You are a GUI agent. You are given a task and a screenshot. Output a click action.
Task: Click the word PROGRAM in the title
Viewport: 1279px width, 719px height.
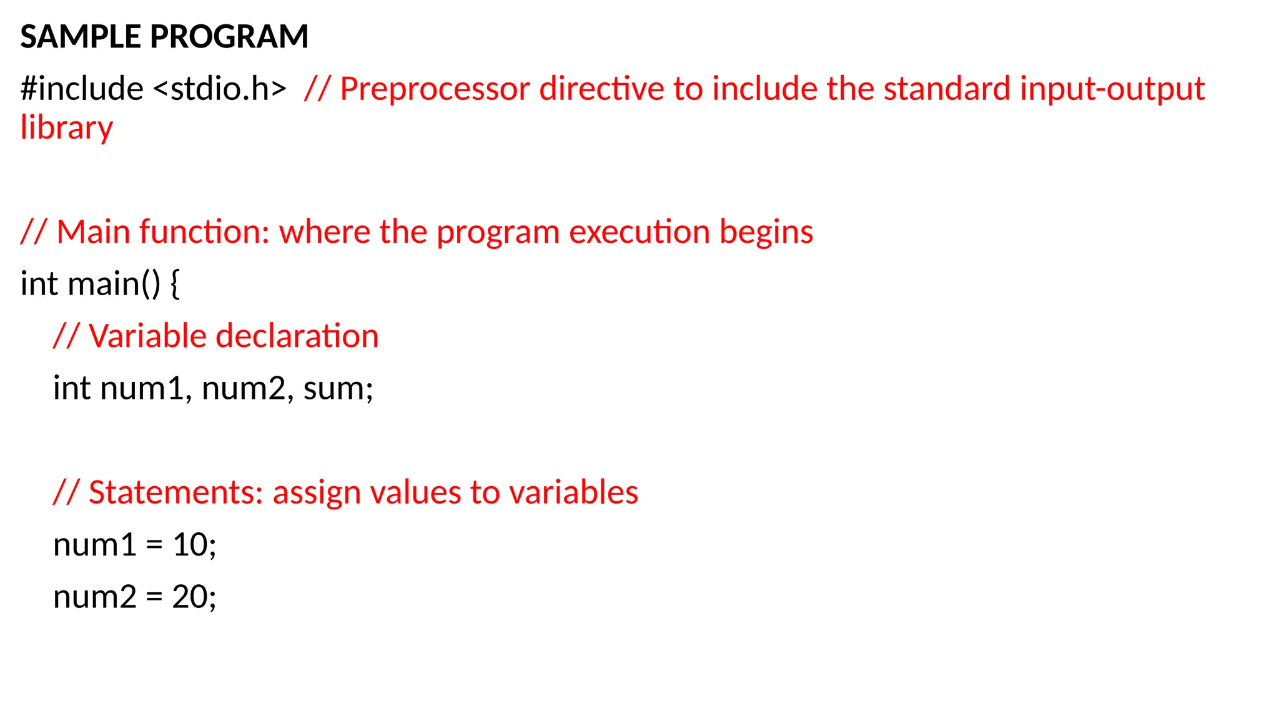(x=229, y=37)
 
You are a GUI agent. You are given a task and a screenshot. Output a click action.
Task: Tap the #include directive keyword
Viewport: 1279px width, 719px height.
(x=82, y=89)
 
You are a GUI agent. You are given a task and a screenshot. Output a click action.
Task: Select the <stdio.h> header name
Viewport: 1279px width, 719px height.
(x=220, y=89)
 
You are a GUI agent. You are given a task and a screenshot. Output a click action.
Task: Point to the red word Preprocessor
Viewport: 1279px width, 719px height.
(x=435, y=89)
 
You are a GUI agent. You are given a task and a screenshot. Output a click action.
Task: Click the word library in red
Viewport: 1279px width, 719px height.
(x=66, y=129)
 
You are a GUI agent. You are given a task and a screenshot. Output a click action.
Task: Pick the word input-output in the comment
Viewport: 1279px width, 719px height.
(x=1112, y=89)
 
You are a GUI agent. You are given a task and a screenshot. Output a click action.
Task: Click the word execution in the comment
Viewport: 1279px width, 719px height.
(x=639, y=232)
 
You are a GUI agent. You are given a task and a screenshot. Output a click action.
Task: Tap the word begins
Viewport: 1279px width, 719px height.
(x=766, y=232)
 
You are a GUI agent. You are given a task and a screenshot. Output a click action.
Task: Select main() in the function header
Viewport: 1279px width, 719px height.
(x=114, y=285)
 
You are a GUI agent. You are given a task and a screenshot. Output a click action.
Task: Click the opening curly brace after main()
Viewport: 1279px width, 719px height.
(x=175, y=285)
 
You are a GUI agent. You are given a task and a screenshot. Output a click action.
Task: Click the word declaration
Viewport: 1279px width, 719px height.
(x=297, y=336)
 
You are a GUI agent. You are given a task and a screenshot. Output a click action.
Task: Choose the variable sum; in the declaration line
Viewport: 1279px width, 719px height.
(x=338, y=389)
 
